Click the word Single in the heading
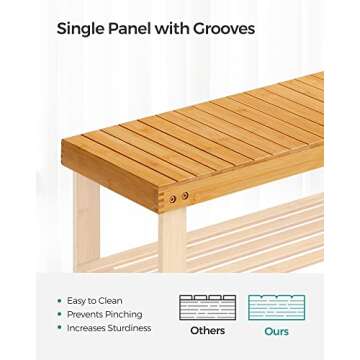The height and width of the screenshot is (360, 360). [80, 29]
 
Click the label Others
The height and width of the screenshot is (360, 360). [207, 330]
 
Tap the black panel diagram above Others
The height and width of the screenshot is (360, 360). [207, 306]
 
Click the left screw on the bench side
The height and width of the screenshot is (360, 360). [172, 198]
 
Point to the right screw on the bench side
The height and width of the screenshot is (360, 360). [184, 197]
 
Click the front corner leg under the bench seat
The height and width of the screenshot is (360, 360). [173, 240]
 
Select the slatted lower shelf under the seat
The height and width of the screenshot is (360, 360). [260, 235]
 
